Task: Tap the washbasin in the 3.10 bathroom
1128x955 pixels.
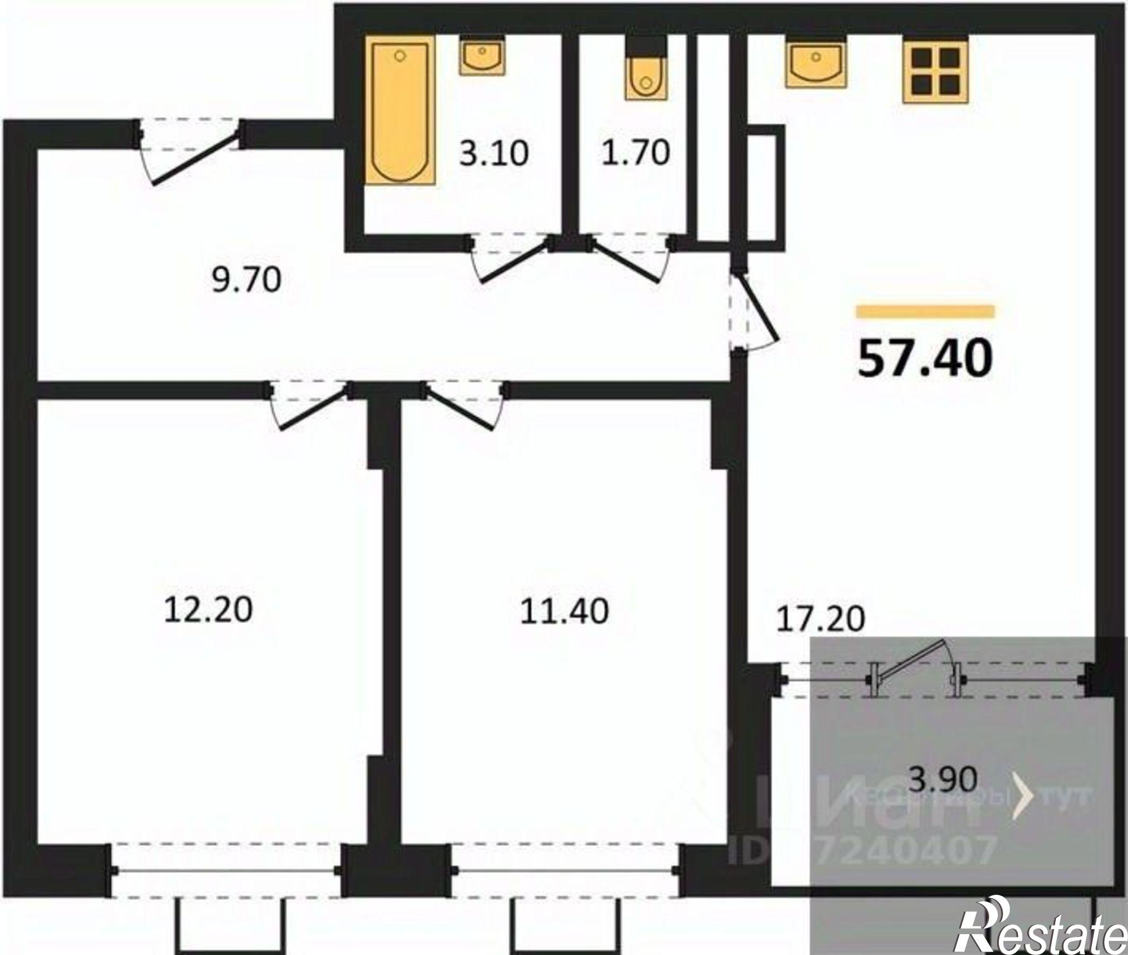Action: coord(482,56)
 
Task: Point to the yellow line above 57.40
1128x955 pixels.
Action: coord(925,311)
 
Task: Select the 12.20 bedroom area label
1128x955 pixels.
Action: coord(208,610)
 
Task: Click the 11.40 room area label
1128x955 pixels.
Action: coord(564,611)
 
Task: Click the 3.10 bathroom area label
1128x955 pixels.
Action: coord(494,153)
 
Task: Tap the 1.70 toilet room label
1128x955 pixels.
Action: coord(636,152)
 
